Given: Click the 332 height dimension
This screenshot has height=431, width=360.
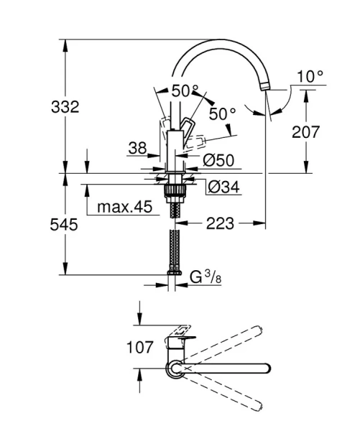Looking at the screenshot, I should (x=65, y=106).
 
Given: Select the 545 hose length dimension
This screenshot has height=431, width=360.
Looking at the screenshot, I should (x=65, y=224).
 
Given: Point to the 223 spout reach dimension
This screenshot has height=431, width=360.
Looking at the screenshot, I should (x=221, y=224).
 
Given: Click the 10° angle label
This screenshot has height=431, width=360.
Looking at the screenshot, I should (x=310, y=75).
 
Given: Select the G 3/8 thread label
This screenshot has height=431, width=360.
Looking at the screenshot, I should (x=204, y=277).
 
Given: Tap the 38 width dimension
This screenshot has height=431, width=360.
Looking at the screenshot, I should (x=137, y=148).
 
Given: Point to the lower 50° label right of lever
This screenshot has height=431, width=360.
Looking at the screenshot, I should (x=223, y=114).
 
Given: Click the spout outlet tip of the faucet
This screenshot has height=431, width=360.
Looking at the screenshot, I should (x=267, y=87).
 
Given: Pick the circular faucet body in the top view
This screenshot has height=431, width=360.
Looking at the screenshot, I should (x=175, y=369).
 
